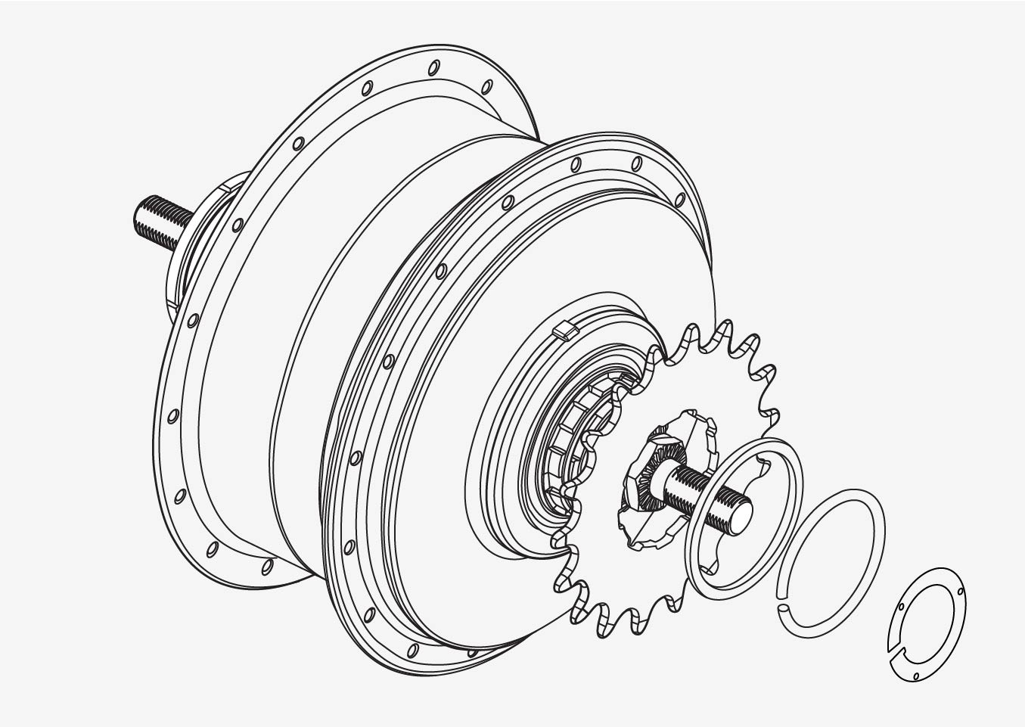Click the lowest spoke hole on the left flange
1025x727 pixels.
tap(267, 566)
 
